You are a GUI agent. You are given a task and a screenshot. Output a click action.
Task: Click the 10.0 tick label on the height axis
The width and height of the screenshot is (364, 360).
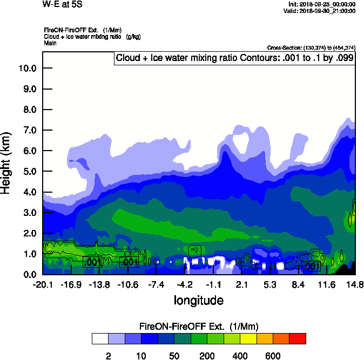pos(27,68)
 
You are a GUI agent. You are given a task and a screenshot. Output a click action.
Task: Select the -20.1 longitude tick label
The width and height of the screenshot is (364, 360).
pos(42,285)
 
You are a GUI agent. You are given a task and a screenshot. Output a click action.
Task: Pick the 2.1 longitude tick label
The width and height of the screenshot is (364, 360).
pos(242,285)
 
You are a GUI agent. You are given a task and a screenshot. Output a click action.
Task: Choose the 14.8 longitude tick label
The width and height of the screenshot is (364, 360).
pos(355,285)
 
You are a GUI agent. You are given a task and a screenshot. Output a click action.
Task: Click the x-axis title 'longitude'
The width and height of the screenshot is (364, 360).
pos(198,300)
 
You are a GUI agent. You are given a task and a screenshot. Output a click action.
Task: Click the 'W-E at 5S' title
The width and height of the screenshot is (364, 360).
pos(60,4)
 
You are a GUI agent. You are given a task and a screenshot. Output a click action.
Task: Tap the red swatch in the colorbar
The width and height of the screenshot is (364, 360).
pos(297,338)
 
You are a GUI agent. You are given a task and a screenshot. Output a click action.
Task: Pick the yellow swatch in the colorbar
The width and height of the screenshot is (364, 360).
pos(247,338)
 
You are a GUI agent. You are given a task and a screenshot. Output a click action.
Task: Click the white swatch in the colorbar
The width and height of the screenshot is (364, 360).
pos(100,338)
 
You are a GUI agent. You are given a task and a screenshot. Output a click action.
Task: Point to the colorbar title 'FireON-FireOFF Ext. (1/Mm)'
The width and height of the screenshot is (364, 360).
pos(199,326)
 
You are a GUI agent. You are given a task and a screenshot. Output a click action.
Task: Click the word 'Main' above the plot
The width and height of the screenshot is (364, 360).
pos(50,42)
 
